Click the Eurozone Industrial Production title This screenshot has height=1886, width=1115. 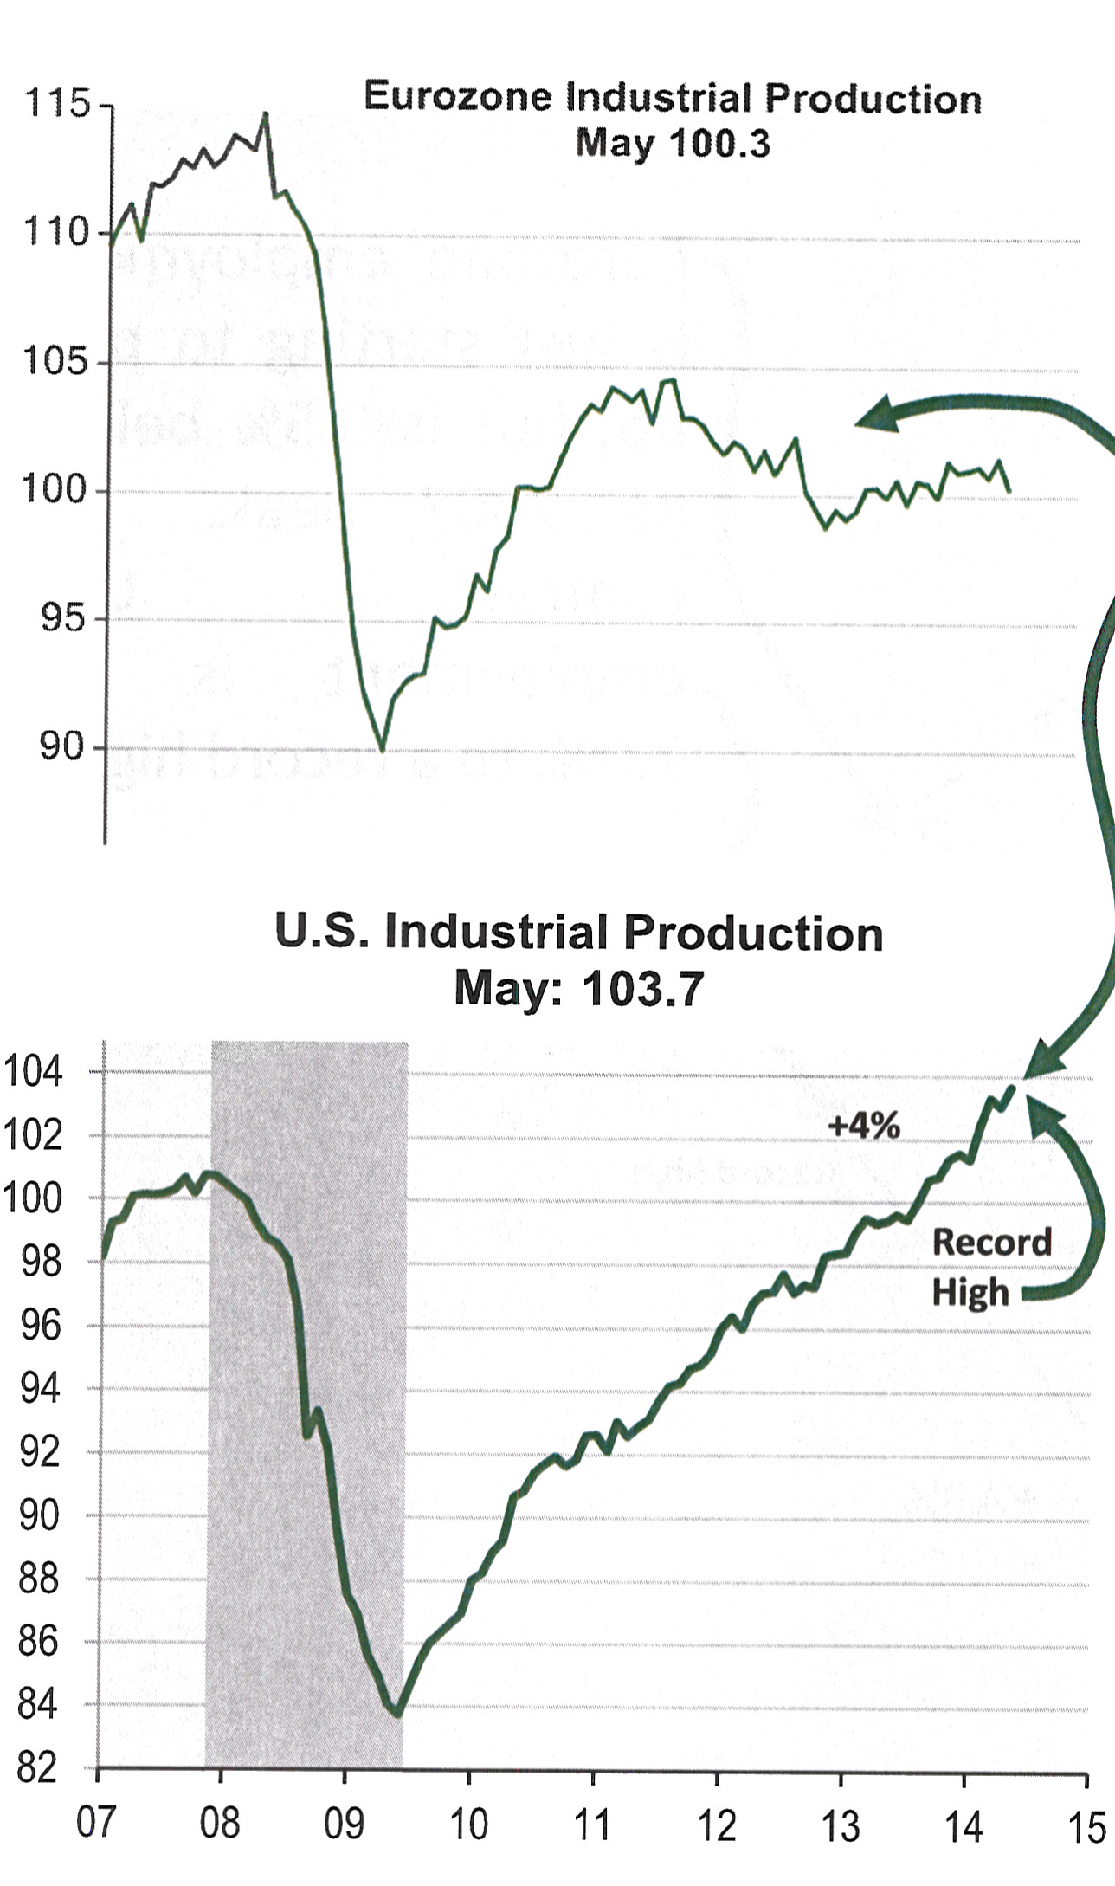point(673,97)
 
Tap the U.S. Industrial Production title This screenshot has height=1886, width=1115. point(578,933)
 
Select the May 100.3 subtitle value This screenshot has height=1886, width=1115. point(673,143)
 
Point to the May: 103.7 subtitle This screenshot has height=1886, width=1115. point(578,988)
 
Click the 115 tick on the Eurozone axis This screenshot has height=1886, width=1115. point(57,104)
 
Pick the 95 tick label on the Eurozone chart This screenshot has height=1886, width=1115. point(64,619)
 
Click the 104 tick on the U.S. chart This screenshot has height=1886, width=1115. point(33,1073)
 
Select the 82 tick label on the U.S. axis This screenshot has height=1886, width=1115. point(36,1768)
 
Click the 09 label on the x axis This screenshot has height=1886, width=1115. point(344,1825)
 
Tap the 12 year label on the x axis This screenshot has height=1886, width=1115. point(716,1825)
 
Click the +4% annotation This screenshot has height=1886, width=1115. point(864,1126)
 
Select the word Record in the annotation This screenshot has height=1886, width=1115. point(991,1243)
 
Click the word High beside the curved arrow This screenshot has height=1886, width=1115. point(970,1292)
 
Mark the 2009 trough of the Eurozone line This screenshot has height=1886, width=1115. point(382,749)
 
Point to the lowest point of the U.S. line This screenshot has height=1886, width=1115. point(396,1713)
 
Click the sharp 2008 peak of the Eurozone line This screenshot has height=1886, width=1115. point(265,113)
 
